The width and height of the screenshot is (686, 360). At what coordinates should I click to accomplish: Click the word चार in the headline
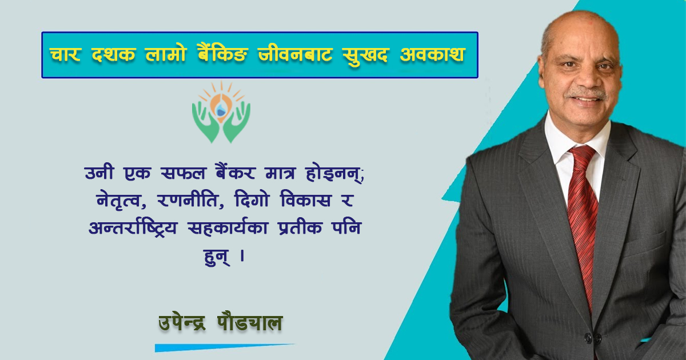click(x=65, y=54)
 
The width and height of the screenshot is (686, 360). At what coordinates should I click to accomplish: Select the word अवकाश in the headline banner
click(x=432, y=54)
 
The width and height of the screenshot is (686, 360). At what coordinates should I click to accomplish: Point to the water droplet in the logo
click(x=220, y=110)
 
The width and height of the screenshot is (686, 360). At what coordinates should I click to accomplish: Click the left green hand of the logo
click(x=206, y=122)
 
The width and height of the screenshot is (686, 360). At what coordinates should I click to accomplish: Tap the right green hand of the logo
click(x=237, y=122)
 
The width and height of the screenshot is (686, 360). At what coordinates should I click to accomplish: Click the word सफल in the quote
click(x=183, y=173)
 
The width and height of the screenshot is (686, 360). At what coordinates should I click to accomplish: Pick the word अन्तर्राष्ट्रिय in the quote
click(x=133, y=227)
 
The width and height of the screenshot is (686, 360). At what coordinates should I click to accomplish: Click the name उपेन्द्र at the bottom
click(x=182, y=323)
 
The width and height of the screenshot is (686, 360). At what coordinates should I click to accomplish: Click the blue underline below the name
click(x=225, y=347)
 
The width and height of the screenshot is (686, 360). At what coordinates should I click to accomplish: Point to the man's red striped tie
click(x=582, y=221)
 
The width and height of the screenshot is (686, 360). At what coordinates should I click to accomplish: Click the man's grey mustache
click(x=586, y=94)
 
